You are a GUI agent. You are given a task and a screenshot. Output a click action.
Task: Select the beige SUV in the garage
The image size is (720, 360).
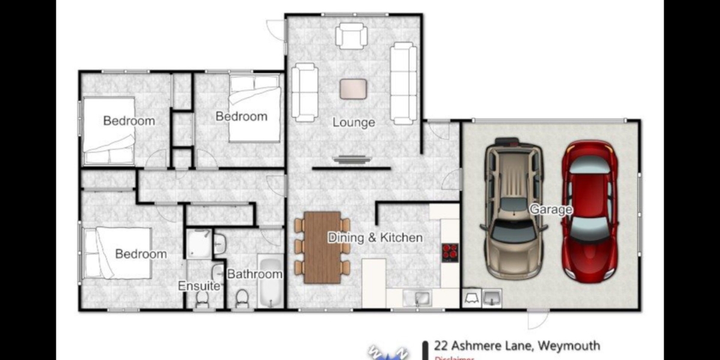[514, 210]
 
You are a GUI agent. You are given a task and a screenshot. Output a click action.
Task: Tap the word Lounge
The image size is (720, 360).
[353, 122]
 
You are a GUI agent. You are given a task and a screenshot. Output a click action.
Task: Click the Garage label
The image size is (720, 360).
[550, 209]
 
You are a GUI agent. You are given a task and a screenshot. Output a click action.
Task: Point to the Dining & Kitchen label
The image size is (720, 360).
[375, 238]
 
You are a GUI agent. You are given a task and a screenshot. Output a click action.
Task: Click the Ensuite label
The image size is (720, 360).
[199, 286]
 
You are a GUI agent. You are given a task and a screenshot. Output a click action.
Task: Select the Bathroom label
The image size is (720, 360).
[254, 274]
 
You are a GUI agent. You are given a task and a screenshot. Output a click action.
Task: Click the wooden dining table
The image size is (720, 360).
[322, 247]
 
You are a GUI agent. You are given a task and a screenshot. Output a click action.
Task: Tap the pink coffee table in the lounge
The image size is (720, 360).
[353, 89]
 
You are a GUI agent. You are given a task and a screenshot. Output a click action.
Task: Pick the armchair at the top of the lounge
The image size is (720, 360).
[351, 35]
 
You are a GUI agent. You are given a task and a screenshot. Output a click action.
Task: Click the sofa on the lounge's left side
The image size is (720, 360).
[305, 92]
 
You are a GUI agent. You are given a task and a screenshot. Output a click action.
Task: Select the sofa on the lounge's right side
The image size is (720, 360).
[403, 83]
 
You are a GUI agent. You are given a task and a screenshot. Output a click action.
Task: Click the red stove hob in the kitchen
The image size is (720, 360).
[449, 253]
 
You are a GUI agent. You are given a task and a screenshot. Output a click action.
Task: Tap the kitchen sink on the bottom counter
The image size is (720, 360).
[417, 297]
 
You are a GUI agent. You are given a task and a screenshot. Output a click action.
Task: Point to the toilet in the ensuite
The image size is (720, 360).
[202, 298]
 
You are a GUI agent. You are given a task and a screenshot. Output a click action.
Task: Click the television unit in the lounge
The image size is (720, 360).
[351, 160]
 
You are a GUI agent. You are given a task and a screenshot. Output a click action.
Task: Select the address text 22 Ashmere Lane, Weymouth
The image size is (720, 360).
[517, 346]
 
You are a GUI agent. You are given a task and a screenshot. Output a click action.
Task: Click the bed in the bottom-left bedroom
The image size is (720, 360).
[116, 253]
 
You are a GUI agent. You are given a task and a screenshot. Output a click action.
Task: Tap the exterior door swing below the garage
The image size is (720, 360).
[538, 319]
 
